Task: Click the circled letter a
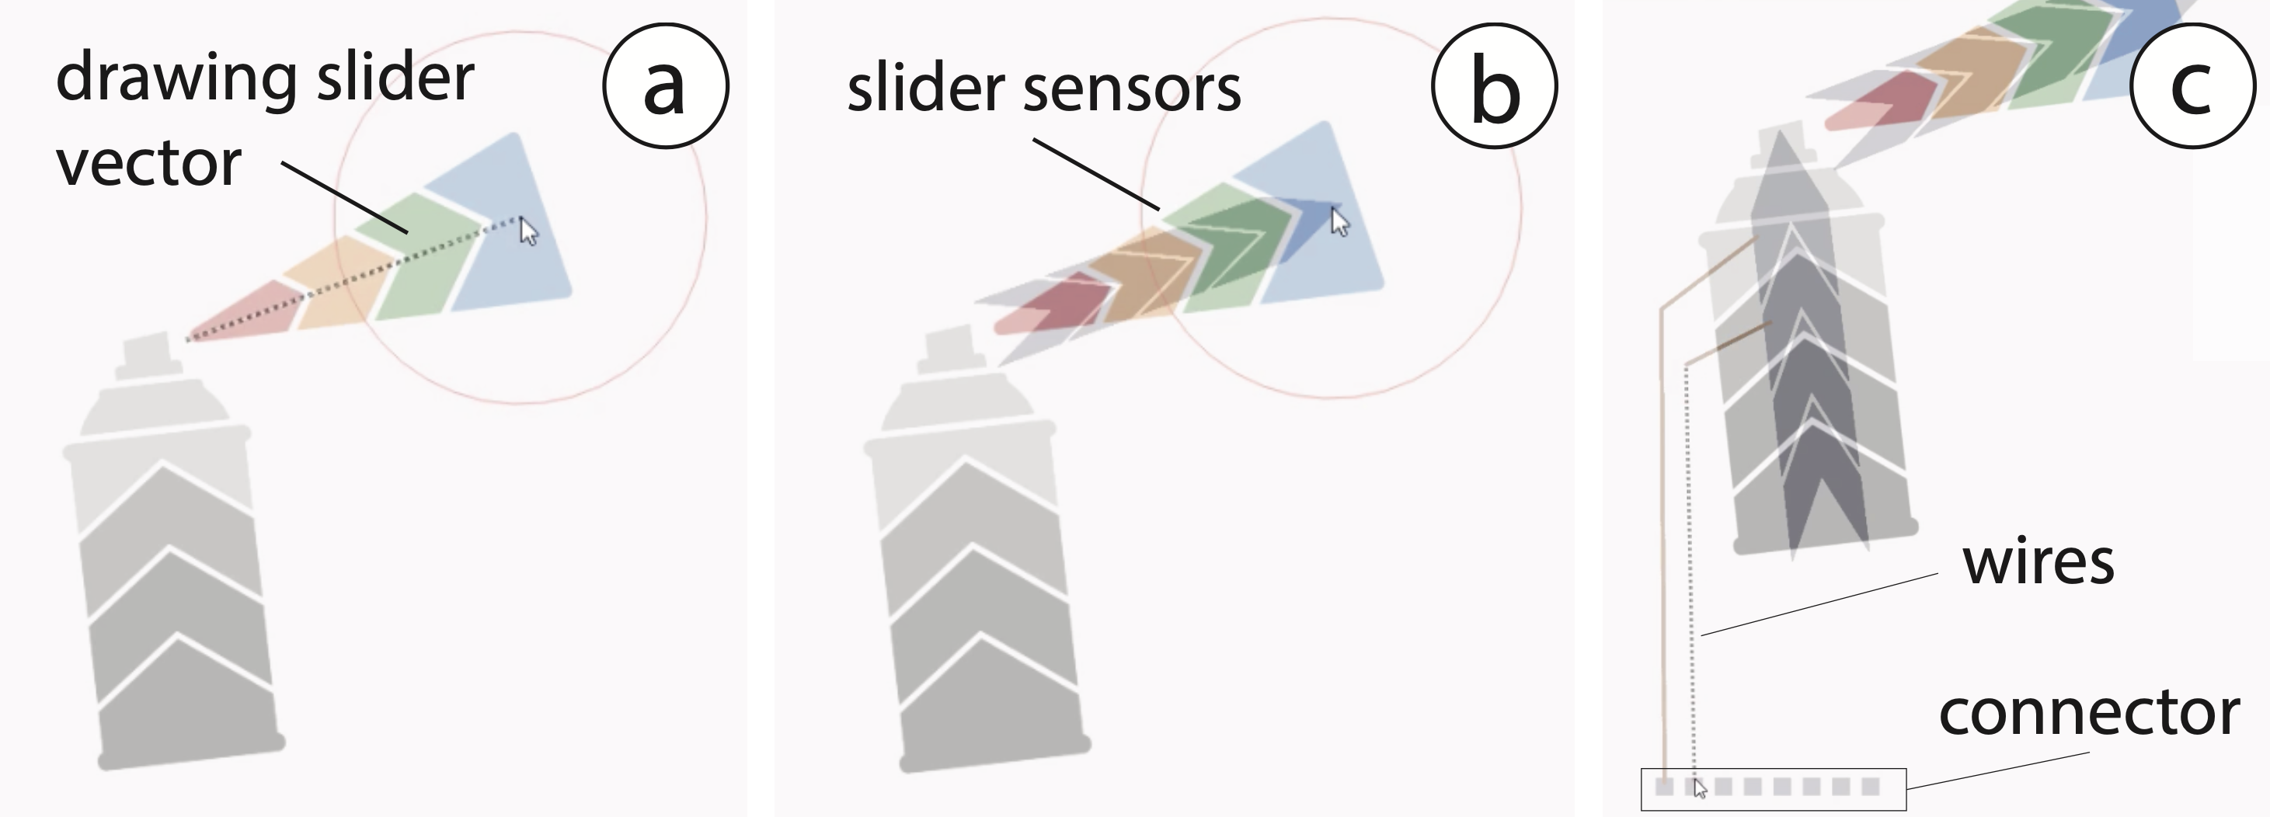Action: (665, 85)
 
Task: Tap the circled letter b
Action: (1495, 85)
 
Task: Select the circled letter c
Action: (2192, 85)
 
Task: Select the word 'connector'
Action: (2088, 713)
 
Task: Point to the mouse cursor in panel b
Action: (1339, 222)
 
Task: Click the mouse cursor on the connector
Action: (1700, 789)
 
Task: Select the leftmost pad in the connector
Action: (1664, 786)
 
